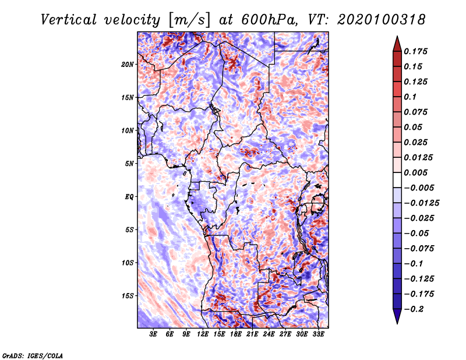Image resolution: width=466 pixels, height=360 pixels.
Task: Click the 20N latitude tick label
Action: click(128, 65)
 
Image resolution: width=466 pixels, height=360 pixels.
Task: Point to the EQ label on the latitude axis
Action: click(129, 197)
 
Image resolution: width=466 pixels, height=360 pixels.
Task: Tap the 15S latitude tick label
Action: click(128, 296)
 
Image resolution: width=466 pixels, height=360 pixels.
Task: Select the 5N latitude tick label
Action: click(129, 164)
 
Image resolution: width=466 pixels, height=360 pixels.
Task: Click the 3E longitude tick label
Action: click(153, 334)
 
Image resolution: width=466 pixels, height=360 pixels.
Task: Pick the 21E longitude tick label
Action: click(252, 334)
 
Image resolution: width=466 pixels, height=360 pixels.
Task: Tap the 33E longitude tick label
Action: click(318, 334)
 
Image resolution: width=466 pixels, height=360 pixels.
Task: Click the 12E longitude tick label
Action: click(202, 334)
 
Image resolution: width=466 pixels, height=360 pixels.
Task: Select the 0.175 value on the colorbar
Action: click(415, 51)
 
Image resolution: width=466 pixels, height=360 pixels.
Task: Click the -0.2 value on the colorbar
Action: click(414, 309)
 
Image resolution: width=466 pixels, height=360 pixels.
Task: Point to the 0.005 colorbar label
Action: click(415, 172)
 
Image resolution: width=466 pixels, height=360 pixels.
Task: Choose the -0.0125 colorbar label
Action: click(421, 203)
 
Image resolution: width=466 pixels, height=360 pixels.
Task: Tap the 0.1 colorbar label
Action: click(410, 97)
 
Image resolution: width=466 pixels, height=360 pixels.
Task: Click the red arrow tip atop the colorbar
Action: click(397, 37)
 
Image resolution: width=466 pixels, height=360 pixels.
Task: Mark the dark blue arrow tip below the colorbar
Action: click(397, 323)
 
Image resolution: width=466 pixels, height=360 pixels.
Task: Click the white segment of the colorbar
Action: click(397, 180)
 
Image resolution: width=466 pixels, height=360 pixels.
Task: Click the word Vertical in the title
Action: click(69, 20)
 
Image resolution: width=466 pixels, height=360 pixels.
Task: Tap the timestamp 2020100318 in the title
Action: click(382, 20)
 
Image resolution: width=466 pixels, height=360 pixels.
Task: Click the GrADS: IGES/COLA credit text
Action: click(33, 355)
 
